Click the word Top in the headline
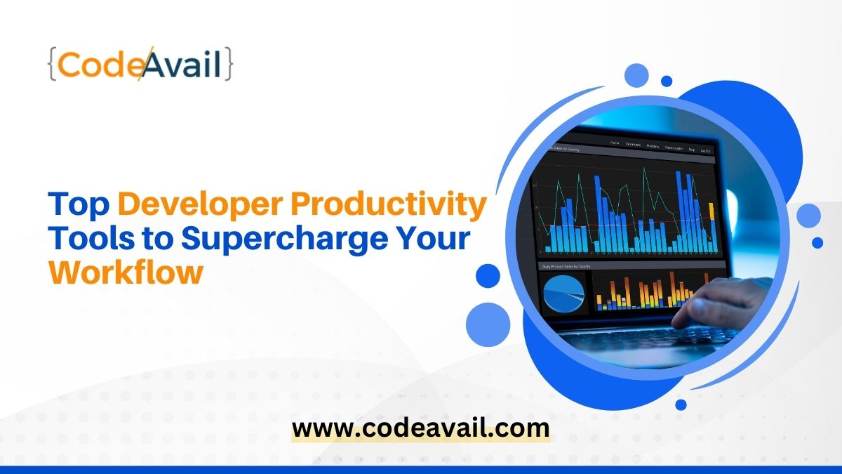[x=77, y=206]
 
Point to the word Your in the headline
[x=435, y=239]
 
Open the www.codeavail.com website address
[x=420, y=428]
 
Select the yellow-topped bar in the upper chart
[x=711, y=225]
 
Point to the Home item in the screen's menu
[x=615, y=143]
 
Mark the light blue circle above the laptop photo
[x=636, y=75]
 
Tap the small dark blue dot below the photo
[x=681, y=404]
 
